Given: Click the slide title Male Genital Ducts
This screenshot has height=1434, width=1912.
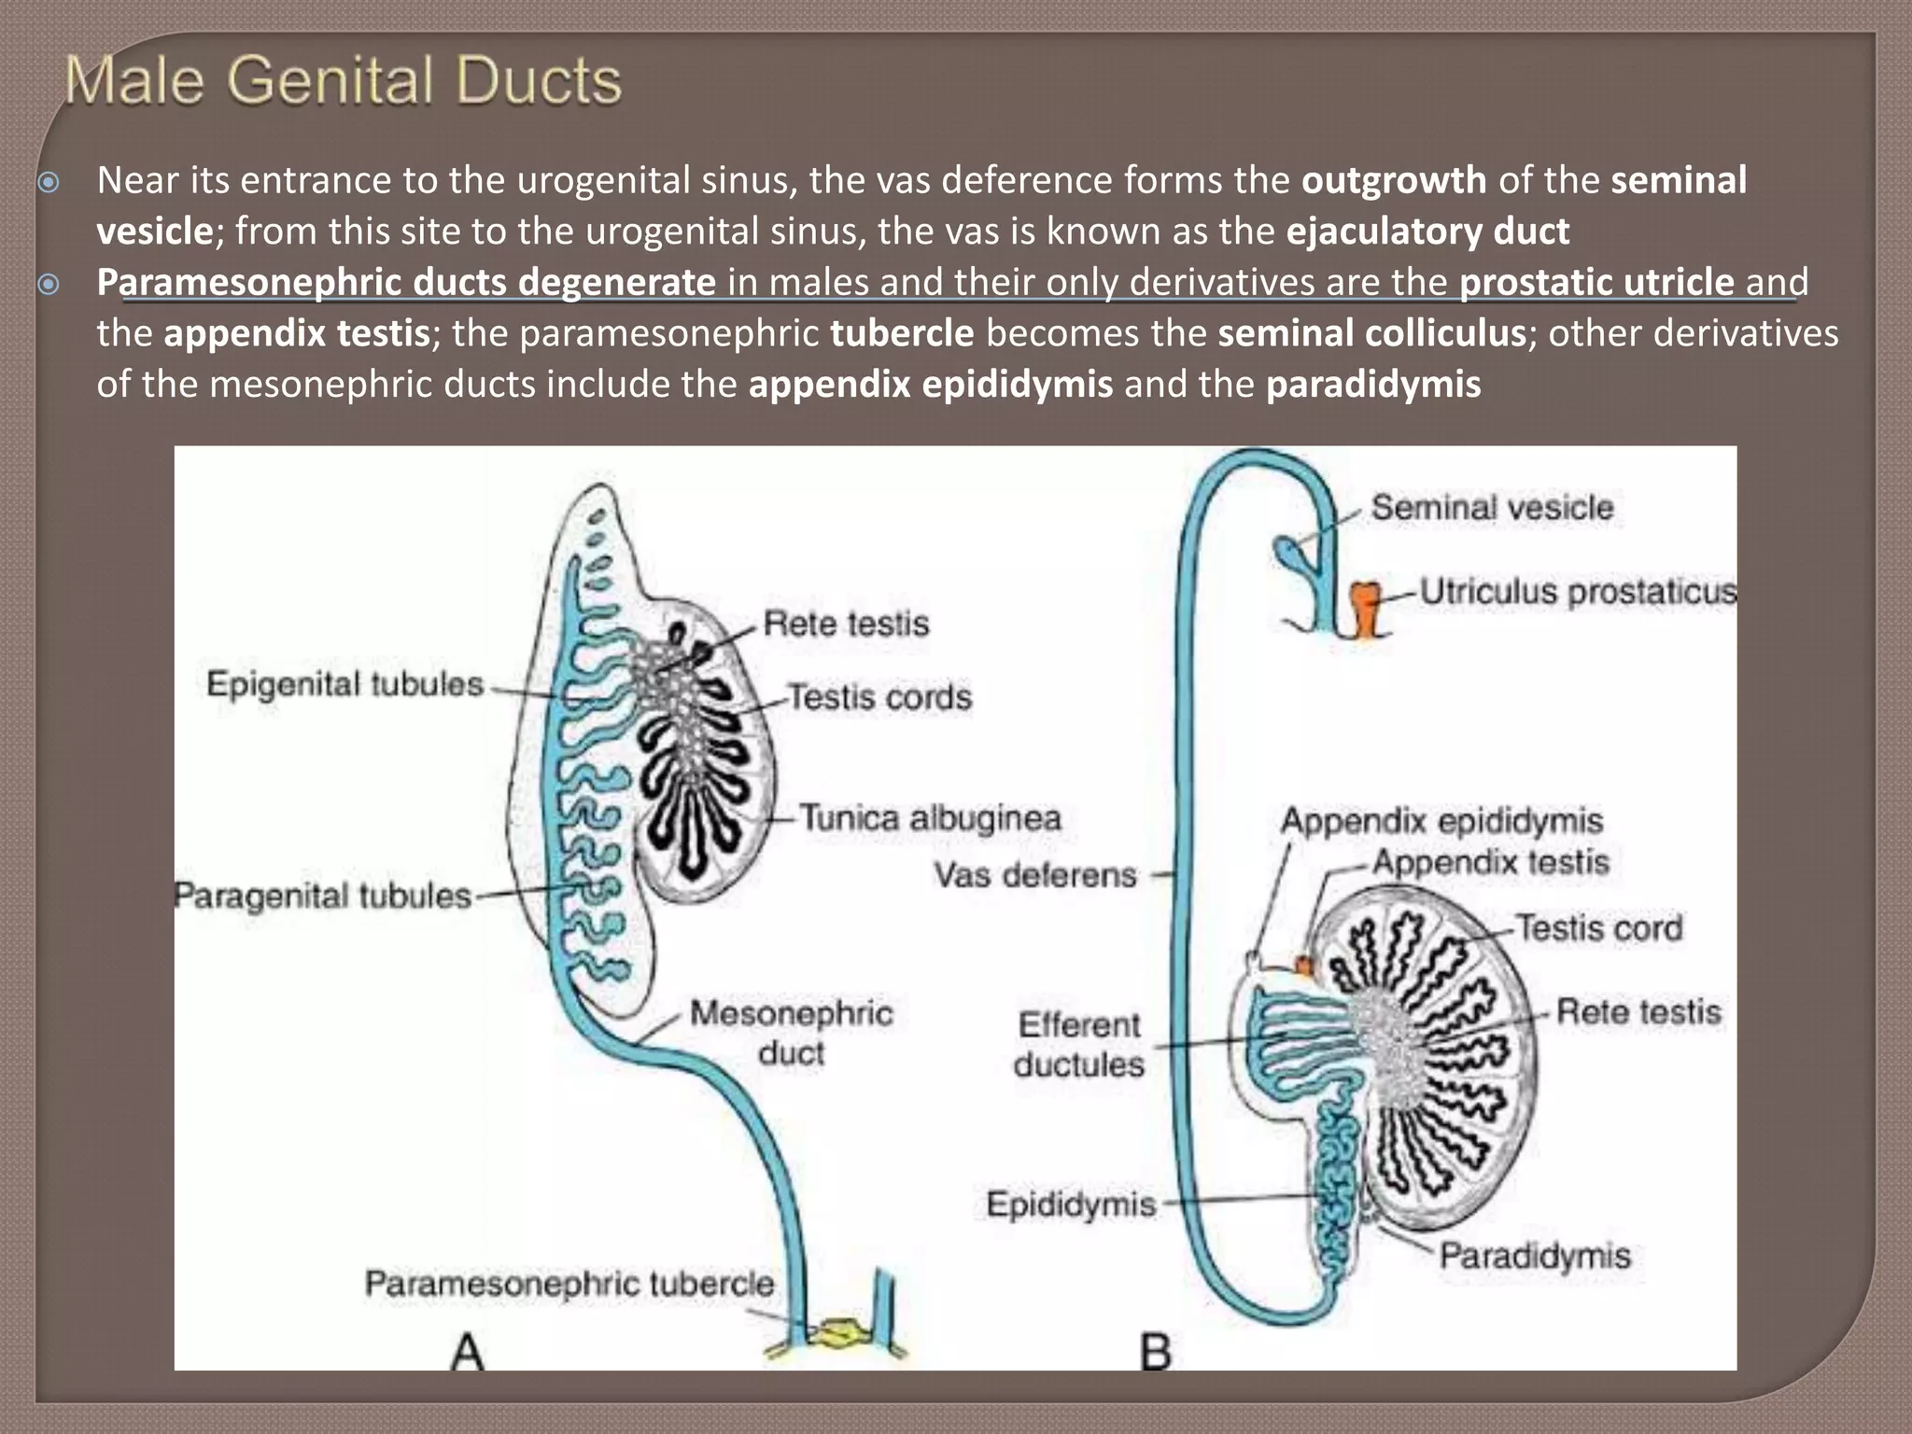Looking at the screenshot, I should pos(343,81).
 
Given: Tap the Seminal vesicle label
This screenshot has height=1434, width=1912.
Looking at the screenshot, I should pos(1491,508).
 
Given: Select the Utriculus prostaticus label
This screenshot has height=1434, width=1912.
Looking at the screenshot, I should pos(1578,592).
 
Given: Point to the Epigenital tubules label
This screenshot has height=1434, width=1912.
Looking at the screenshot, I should pos(344,684).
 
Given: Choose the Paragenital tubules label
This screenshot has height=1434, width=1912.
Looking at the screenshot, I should pos(323,896).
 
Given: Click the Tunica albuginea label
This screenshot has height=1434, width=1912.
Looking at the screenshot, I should pos(931,819).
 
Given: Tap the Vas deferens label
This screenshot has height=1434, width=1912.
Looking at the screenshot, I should pos(1034,876).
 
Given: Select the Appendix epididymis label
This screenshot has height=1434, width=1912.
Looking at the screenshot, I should pos(1441,822).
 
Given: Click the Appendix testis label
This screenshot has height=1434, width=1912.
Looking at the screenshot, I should pos(1490,862).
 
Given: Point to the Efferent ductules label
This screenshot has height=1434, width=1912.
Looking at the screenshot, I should pos(1079,1045).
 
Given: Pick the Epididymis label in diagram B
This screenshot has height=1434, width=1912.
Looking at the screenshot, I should pos(1071,1204).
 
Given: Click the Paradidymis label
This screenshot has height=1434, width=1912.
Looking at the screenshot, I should pos(1534,1256).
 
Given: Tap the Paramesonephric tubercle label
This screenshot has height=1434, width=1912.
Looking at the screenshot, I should pos(569,1284).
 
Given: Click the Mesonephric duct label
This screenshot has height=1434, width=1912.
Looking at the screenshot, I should pos(791,1033).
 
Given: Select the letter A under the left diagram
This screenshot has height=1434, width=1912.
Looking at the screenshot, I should pos(467,1352).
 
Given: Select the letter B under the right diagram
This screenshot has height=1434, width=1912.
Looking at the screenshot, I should pos(1156,1352).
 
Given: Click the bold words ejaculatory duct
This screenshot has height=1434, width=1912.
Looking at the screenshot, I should pos(1427,232).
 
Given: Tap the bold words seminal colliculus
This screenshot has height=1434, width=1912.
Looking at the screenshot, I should pos(1371,333).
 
